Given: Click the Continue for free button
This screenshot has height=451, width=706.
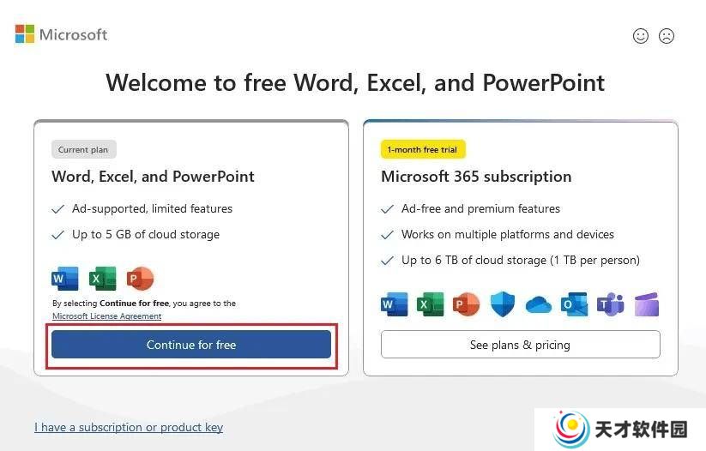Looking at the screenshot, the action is click(191, 345).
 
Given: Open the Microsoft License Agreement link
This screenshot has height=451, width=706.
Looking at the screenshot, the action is click(106, 316).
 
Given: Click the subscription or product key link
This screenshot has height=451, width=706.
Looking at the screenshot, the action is click(129, 427).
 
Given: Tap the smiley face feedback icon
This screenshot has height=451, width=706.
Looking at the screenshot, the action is click(640, 36).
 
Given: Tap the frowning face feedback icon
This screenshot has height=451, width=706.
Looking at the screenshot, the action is click(667, 36).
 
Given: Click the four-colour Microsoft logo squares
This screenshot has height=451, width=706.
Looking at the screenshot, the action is click(25, 33).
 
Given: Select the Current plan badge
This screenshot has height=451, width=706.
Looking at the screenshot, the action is click(83, 149).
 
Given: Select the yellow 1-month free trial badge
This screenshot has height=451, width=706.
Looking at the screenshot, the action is click(422, 149).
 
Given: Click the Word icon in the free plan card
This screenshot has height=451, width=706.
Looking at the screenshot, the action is click(65, 278).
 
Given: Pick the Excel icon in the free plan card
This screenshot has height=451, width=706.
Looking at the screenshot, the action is click(102, 278).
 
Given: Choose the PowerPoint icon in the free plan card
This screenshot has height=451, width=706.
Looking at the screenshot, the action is click(140, 278).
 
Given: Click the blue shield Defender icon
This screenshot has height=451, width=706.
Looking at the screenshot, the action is click(502, 304).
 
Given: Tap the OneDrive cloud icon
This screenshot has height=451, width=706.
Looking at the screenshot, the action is click(539, 304).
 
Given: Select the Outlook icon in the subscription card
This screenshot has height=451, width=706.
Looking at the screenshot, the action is click(574, 304).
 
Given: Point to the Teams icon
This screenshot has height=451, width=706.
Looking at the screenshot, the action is click(610, 304).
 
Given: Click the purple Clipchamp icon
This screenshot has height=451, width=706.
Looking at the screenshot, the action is click(647, 304).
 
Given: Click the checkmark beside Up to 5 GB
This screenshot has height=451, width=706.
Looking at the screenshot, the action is click(58, 235).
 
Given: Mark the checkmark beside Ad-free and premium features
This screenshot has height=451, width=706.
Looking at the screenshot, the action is click(387, 209).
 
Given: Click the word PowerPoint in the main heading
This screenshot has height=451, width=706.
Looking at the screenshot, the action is click(544, 83).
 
